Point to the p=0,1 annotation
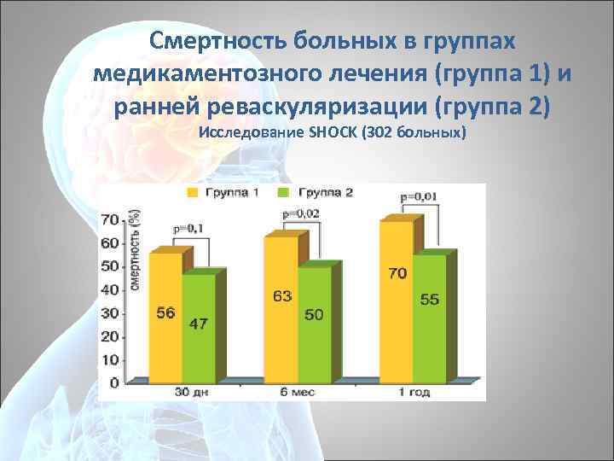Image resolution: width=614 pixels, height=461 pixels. pos(188,229)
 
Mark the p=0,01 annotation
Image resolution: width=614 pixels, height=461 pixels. pos(419,196)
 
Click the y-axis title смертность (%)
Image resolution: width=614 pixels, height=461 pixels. pos(134,252)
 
